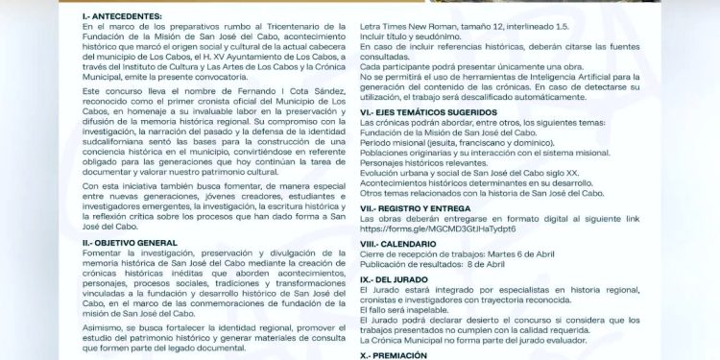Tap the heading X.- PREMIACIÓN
point(395,353)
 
